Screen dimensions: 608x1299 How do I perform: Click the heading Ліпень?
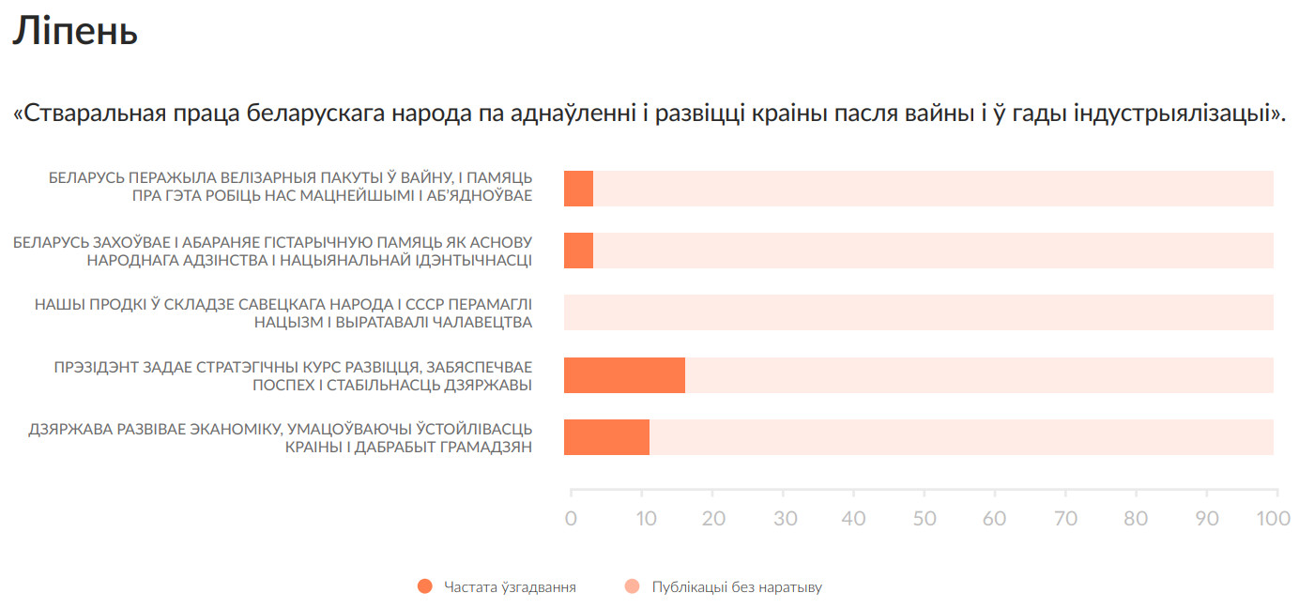coord(75,31)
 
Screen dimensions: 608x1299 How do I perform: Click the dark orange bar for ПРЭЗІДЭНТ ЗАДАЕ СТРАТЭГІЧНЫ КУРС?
coord(624,375)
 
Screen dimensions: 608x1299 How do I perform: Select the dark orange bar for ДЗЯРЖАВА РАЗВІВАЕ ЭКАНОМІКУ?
coord(606,437)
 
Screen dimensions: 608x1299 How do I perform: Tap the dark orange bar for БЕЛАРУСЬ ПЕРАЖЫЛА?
coord(578,189)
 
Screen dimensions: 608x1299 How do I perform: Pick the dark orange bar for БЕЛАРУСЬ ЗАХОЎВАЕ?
coord(578,251)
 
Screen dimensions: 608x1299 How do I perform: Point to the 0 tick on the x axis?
coord(571,518)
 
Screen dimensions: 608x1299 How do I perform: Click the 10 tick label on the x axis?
coord(641,518)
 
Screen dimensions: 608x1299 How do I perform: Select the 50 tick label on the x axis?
coord(924,518)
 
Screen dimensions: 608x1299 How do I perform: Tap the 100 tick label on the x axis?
coord(1274,518)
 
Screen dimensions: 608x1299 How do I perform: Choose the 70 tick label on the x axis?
coord(1065,518)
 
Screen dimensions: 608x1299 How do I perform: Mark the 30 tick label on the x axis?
coord(783,518)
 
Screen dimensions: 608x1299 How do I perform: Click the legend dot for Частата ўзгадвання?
coord(424,587)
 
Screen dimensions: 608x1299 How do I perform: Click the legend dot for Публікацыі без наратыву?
coord(632,587)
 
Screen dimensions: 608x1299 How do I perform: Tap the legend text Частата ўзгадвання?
coord(510,587)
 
